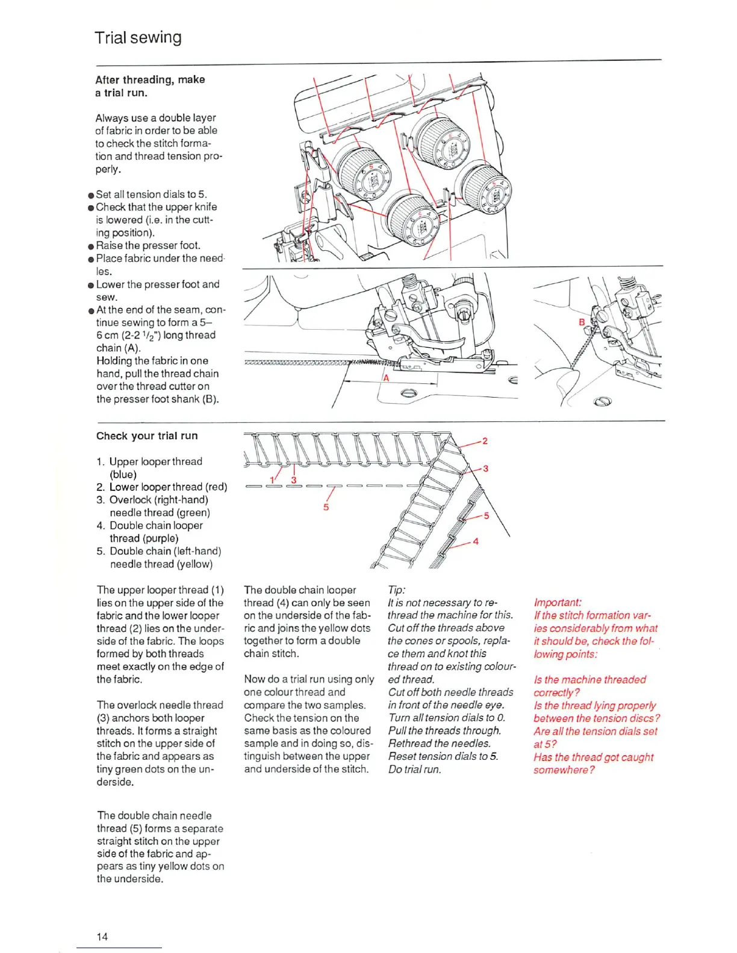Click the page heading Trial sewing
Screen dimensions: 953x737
click(x=138, y=38)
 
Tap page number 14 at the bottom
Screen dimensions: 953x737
click(x=102, y=936)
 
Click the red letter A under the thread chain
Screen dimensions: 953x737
click(x=387, y=378)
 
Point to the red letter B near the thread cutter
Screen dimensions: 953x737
click(x=582, y=322)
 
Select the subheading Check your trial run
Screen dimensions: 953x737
click(x=147, y=436)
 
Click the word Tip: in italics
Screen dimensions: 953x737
click(x=397, y=590)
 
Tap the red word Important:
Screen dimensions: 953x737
click(x=558, y=602)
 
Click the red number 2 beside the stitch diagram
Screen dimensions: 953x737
click(x=485, y=441)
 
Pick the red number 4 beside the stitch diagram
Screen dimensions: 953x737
click(x=476, y=541)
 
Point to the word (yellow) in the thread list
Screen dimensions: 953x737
click(x=194, y=564)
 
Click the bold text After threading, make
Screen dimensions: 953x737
click(x=150, y=79)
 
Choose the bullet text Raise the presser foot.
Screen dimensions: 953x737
click(x=148, y=245)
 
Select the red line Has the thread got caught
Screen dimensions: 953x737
click(x=593, y=757)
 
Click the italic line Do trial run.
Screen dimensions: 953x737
click(x=415, y=769)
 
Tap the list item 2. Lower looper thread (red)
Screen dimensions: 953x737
click(x=161, y=487)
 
